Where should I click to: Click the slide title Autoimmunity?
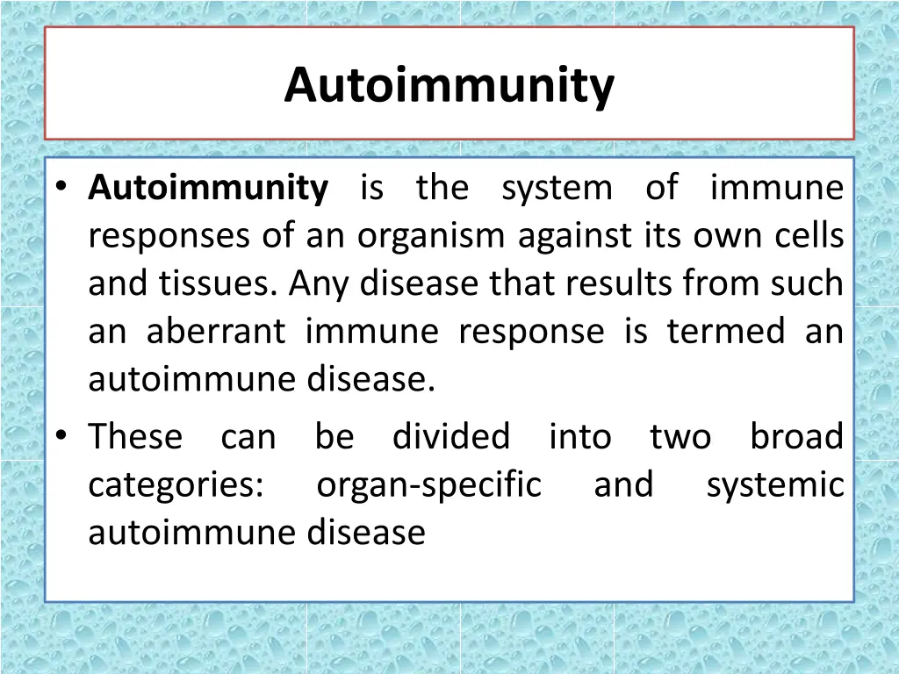point(449,85)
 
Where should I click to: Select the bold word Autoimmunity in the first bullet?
point(209,188)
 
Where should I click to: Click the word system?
point(557,188)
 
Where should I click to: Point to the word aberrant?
point(216,332)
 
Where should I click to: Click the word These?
point(135,436)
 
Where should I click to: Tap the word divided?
point(450,436)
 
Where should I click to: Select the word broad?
point(796,436)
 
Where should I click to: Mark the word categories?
point(175,485)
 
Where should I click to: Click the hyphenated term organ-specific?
point(428,485)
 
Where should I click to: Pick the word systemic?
point(774,485)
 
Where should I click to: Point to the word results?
point(597,283)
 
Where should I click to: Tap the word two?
point(680,436)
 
